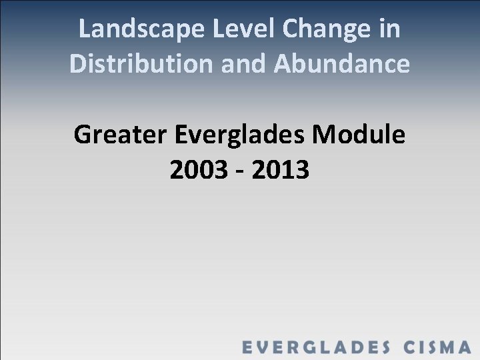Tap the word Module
(364, 135)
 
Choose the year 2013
(281, 170)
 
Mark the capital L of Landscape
(84, 29)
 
